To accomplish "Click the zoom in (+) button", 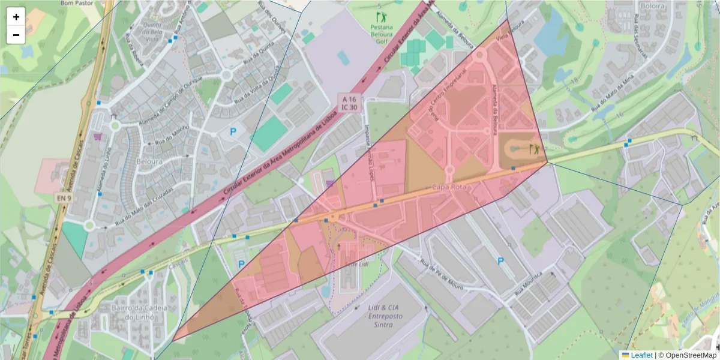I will (16, 17).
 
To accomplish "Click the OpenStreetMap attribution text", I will (688, 355).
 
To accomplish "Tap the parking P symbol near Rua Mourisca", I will (500, 261).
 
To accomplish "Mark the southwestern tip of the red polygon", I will (173, 341).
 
